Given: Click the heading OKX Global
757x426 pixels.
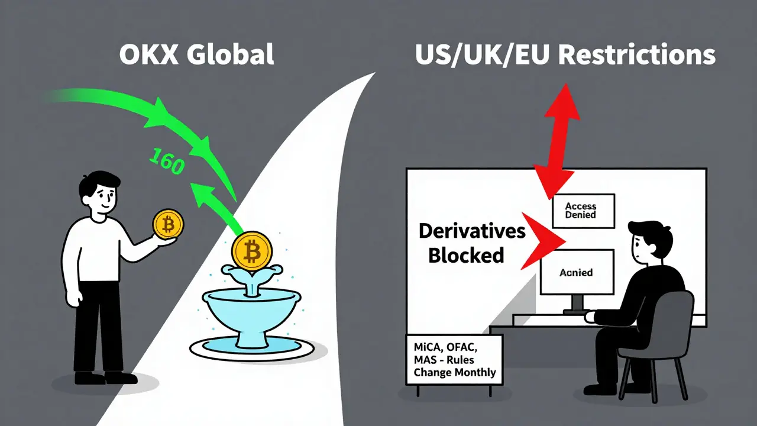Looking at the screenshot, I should pyautogui.click(x=196, y=54).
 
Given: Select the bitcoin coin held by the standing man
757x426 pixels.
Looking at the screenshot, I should pyautogui.click(x=168, y=225).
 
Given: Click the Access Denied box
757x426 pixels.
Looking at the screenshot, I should pyautogui.click(x=583, y=211).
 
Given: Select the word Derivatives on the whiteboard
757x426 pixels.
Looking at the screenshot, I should pyautogui.click(x=472, y=231).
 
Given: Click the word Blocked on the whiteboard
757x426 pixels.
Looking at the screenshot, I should pyautogui.click(x=465, y=255).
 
